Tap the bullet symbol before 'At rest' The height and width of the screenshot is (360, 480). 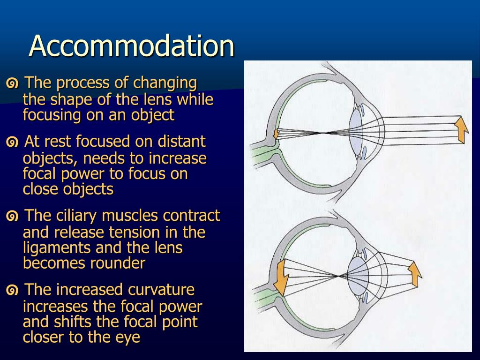click(x=13, y=142)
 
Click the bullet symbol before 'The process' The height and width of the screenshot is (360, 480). click(x=13, y=84)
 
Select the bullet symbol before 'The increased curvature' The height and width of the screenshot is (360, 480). click(x=13, y=291)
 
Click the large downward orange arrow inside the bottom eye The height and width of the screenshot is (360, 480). click(x=282, y=278)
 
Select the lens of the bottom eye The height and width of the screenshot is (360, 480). click(x=358, y=275)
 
